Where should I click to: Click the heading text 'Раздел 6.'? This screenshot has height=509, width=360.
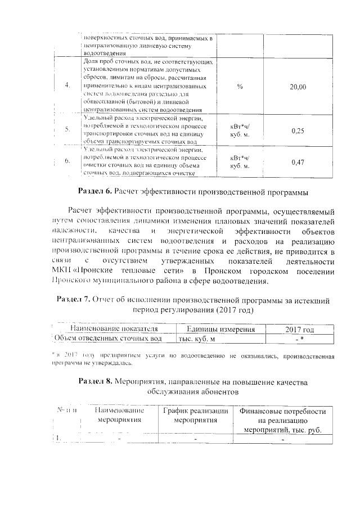(x=94, y=192)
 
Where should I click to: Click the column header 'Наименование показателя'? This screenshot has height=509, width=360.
(x=110, y=328)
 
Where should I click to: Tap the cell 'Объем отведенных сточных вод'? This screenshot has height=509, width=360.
(x=108, y=339)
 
